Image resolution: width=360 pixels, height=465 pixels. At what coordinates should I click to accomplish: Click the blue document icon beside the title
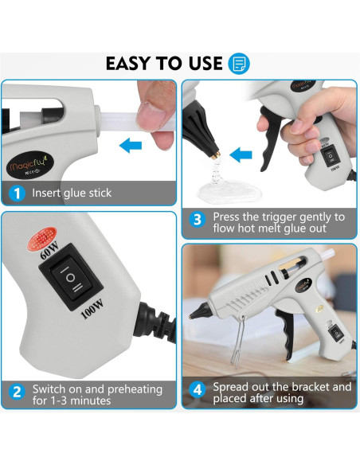[x=239, y=64]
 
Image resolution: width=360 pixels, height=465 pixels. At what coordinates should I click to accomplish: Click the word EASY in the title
[x=131, y=64]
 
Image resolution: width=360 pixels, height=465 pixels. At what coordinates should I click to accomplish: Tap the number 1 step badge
[x=17, y=193]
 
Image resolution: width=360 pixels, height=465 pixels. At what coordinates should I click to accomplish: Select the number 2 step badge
[x=17, y=392]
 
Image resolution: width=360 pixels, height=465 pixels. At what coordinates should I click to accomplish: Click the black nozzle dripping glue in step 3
[x=204, y=131]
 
